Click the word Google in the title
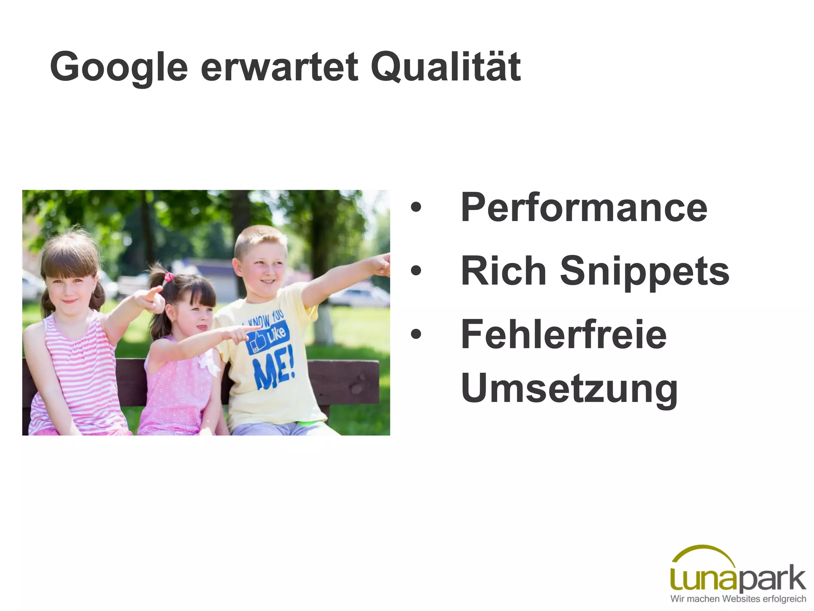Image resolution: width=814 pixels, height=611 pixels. tap(118, 67)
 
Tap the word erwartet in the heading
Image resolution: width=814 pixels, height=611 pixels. tap(279, 67)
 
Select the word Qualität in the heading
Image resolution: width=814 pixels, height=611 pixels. tap(445, 66)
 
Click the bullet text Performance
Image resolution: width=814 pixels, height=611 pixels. tap(583, 208)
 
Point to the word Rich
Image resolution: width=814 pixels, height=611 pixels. tap(503, 270)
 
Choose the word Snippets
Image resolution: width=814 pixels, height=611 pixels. tap(644, 271)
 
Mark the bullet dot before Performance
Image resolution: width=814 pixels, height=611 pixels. tap(416, 208)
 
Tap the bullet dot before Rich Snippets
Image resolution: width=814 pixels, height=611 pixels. tap(416, 271)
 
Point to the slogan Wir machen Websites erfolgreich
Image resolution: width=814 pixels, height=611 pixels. tap(738, 599)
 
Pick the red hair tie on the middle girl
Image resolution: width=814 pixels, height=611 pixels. tap(169, 277)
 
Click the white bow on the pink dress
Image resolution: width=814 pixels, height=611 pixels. tap(208, 363)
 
